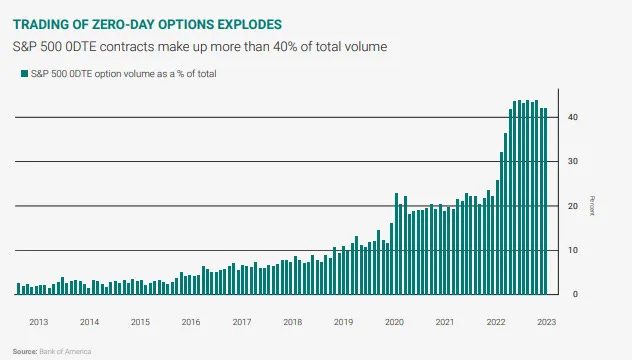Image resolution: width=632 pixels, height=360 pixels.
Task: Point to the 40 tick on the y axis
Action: click(x=572, y=117)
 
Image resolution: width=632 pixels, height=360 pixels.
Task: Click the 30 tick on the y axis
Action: click(x=572, y=161)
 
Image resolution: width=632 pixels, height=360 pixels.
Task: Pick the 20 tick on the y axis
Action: click(x=572, y=206)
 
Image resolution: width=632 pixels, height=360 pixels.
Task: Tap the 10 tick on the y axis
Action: click(x=572, y=250)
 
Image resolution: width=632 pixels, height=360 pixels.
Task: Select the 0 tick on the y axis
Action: click(x=574, y=294)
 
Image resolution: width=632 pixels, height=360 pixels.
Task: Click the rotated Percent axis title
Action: click(x=592, y=205)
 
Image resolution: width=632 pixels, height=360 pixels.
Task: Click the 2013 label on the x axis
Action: click(x=38, y=322)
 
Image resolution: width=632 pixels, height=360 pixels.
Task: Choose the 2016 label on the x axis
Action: click(x=191, y=322)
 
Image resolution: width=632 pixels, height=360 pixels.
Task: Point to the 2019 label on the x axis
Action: click(x=343, y=322)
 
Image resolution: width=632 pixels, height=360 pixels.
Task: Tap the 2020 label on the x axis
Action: click(x=394, y=322)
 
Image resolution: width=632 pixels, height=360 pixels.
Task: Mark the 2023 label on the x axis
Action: click(x=547, y=322)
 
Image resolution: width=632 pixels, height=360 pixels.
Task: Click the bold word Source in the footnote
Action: click(x=25, y=352)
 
